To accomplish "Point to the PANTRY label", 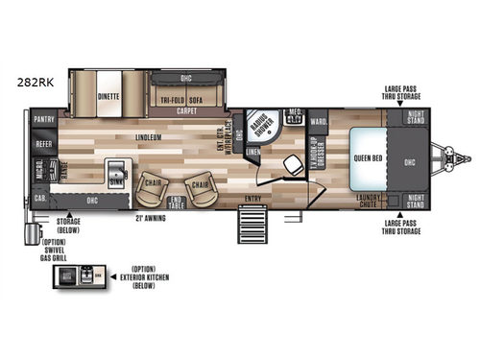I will tap(43, 121).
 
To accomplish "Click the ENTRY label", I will tap(252, 199).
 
